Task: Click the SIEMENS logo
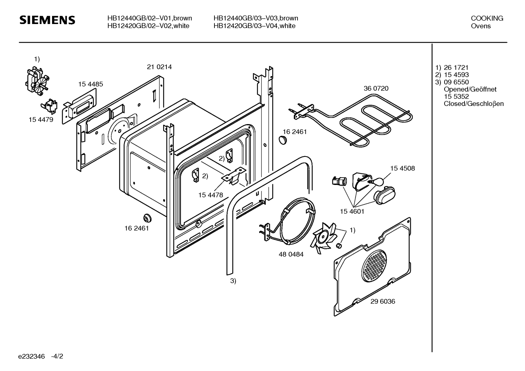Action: (x=47, y=20)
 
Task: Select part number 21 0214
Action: (x=159, y=67)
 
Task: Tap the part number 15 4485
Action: (x=91, y=84)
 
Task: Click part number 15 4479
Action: (x=41, y=119)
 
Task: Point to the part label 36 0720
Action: (x=376, y=88)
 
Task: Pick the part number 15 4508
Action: (x=402, y=168)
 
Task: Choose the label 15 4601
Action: (x=352, y=212)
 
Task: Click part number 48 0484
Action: (x=291, y=254)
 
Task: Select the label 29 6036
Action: (x=383, y=301)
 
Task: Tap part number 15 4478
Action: (x=210, y=195)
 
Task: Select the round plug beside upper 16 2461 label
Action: (x=283, y=140)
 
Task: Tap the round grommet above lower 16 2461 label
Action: (x=147, y=218)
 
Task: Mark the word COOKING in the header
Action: (x=487, y=18)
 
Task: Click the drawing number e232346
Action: (x=31, y=356)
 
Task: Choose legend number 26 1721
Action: (x=456, y=67)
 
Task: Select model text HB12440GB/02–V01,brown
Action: (x=150, y=18)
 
